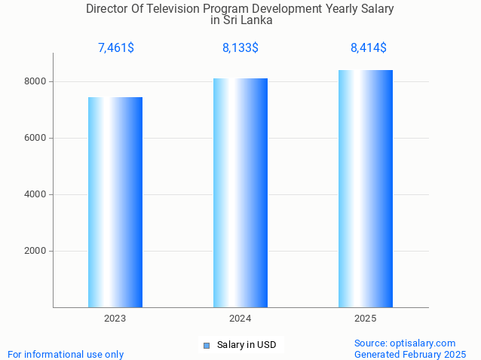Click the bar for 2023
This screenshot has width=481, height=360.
click(x=115, y=202)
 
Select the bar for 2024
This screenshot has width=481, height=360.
click(x=240, y=193)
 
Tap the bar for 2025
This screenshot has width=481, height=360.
click(x=366, y=188)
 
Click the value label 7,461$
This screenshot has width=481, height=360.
click(x=116, y=48)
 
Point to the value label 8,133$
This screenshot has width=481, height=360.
click(x=240, y=48)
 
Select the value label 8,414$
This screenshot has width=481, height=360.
click(x=369, y=48)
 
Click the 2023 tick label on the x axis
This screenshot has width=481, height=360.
click(x=115, y=319)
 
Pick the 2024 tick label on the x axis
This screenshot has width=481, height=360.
click(x=240, y=319)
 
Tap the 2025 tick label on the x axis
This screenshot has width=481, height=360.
click(x=366, y=319)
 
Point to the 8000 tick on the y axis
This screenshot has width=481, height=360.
click(x=36, y=81)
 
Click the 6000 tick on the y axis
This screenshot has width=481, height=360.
click(x=36, y=138)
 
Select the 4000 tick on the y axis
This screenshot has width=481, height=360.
click(x=36, y=194)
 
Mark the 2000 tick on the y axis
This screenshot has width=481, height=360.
click(x=36, y=251)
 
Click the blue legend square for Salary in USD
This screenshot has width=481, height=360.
click(x=207, y=345)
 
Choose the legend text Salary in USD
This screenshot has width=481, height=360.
click(x=247, y=345)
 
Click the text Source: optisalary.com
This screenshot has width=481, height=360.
click(x=405, y=343)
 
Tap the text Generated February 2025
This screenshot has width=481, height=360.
click(x=410, y=354)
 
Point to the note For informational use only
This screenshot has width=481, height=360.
click(x=66, y=354)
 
